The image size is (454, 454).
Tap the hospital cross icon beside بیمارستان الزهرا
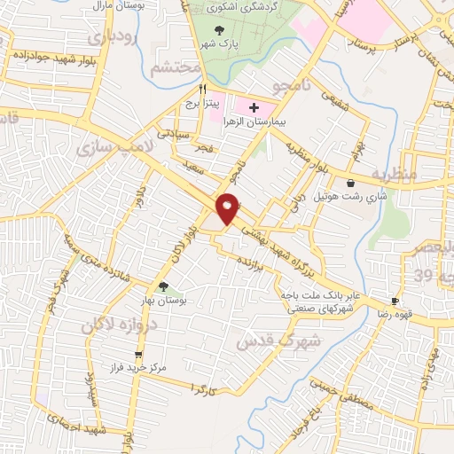pos(254,106)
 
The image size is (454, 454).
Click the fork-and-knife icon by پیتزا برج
pos(202,89)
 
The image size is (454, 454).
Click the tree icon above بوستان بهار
pos(163,286)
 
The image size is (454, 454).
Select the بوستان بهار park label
pos(164,301)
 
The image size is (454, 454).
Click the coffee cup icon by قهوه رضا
pos(395,301)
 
